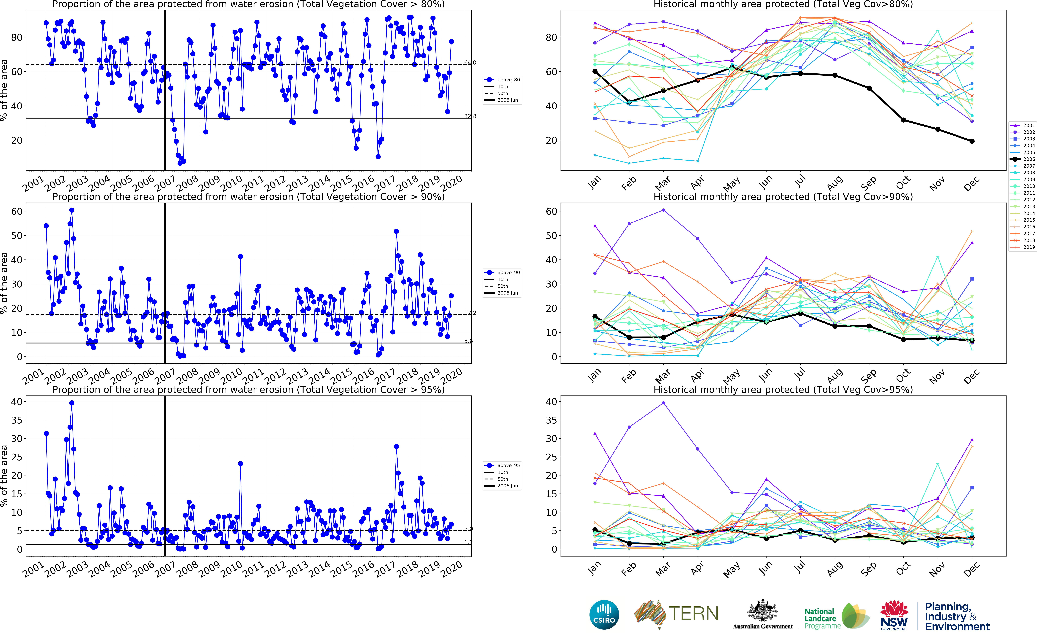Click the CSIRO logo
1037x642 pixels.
604,615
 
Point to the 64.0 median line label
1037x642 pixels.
470,63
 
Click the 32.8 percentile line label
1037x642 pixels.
470,116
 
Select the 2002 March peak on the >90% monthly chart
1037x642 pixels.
663,210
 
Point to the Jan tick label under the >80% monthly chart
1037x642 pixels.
594,183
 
